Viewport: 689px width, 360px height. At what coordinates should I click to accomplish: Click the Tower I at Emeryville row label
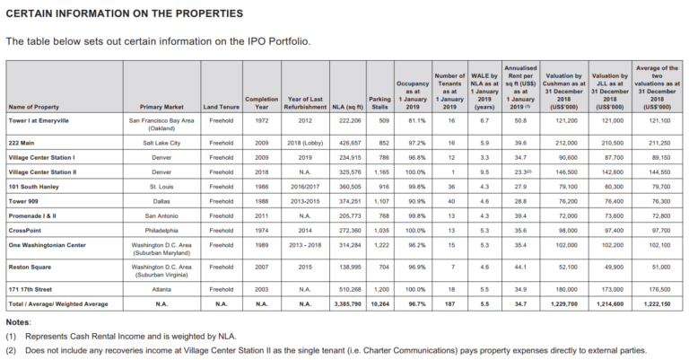pyautogui.click(x=39, y=120)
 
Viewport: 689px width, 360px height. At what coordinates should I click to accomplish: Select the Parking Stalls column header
pyautogui.click(x=379, y=103)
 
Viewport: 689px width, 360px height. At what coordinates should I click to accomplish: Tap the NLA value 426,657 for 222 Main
pyautogui.click(x=350, y=143)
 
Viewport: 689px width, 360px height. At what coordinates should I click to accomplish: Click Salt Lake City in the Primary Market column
pyautogui.click(x=161, y=143)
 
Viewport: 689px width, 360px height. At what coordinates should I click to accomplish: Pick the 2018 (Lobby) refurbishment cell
pyautogui.click(x=305, y=143)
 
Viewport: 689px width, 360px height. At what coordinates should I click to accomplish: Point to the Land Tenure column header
pyautogui.click(x=222, y=107)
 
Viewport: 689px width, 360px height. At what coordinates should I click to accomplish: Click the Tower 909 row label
pyautogui.click(x=23, y=201)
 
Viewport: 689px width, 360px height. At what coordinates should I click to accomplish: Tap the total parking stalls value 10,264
pyautogui.click(x=380, y=303)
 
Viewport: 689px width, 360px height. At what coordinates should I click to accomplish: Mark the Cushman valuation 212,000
pyautogui.click(x=566, y=143)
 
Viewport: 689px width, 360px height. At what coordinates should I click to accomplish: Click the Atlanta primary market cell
pyautogui.click(x=161, y=289)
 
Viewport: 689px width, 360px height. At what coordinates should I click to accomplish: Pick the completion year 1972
pyautogui.click(x=261, y=120)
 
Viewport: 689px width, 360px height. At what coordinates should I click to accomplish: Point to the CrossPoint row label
pyautogui.click(x=24, y=231)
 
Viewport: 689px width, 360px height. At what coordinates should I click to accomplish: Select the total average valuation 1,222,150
pyautogui.click(x=657, y=303)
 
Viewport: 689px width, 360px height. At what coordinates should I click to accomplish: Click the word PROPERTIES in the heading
pyautogui.click(x=209, y=13)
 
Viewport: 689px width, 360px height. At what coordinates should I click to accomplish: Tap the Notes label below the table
pyautogui.click(x=18, y=322)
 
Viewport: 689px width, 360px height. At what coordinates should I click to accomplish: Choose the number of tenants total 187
pyautogui.click(x=449, y=303)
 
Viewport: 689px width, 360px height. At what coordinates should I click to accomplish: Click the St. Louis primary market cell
pyautogui.click(x=161, y=187)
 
